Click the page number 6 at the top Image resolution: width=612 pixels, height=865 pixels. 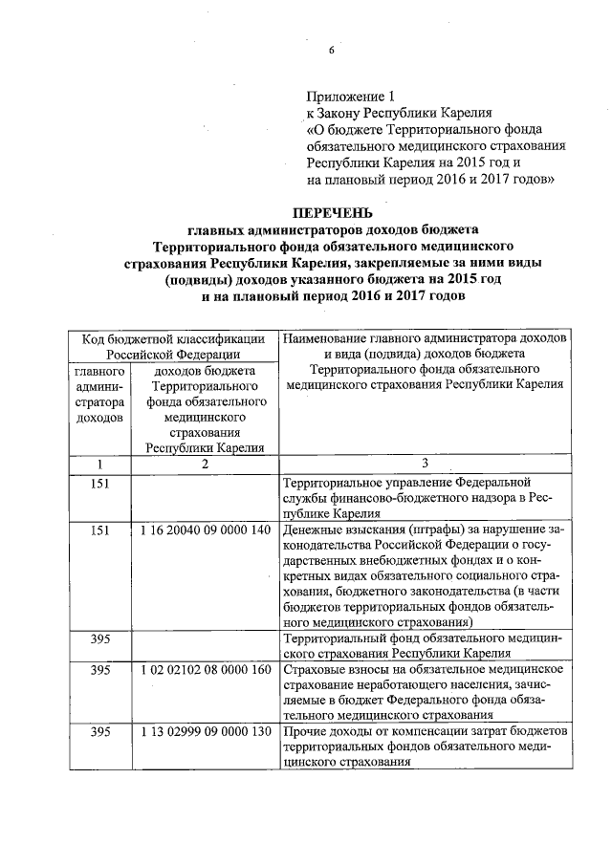coord(331,51)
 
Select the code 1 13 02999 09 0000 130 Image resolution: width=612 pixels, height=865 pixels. coord(205,731)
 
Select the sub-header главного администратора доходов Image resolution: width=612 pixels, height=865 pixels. coord(98,394)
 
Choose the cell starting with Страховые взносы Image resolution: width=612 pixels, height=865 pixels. coord(424,692)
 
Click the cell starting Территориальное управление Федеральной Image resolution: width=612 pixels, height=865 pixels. coord(424,497)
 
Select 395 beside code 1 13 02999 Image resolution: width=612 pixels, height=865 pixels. coord(98,731)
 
